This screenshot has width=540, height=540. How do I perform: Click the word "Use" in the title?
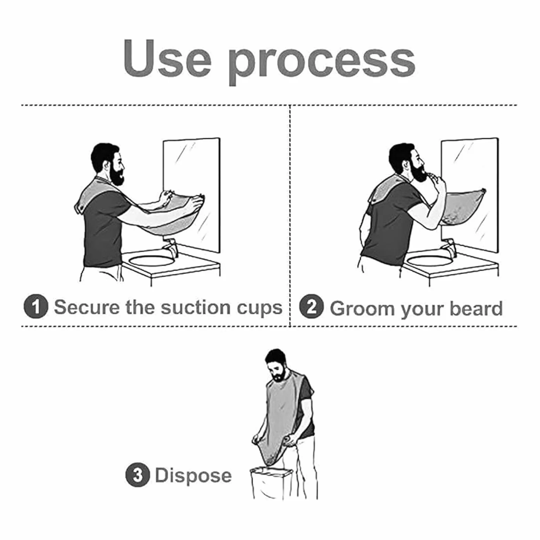point(167,59)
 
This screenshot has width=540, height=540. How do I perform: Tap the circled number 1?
point(36,306)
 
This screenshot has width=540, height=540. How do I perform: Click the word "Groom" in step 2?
point(362,308)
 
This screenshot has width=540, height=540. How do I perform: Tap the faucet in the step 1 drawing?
point(170,248)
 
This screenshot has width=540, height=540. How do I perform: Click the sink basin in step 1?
point(152,260)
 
